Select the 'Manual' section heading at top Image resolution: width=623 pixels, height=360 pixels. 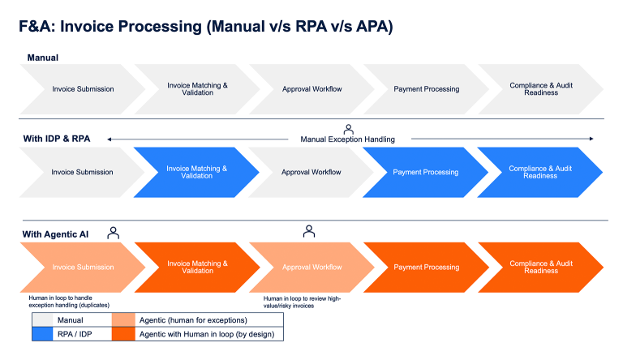tap(42, 58)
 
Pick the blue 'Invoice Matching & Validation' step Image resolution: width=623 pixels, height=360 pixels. tap(196, 172)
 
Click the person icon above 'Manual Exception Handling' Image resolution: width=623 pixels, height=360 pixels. tap(349, 128)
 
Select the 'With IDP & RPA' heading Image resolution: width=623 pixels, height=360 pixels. tap(56, 139)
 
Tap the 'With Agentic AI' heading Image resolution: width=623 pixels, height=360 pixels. tap(55, 234)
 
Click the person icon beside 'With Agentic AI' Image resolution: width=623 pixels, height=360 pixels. tap(113, 233)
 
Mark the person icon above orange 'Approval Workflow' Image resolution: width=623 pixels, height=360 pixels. tap(309, 232)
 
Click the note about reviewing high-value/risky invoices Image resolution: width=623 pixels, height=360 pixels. tap(302, 302)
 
